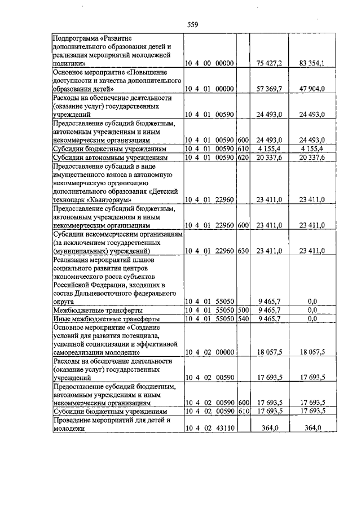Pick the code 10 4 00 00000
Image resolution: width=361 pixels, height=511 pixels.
pos(209,64)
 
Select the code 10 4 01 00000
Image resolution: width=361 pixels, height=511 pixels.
pos(209,89)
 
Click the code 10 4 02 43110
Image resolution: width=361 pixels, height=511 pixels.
pos(209,429)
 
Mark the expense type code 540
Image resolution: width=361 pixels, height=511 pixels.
pos(243,318)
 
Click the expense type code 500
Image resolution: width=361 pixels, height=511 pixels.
pos(243,310)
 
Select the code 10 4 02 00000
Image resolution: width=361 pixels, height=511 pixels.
pos(209,352)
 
